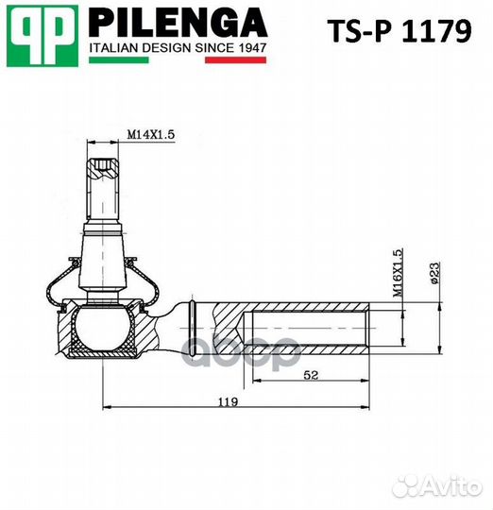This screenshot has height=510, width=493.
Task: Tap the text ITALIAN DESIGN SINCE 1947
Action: [x=177, y=46]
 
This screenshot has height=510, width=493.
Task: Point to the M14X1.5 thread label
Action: [x=151, y=135]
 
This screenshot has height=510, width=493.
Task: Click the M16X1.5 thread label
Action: [x=398, y=274]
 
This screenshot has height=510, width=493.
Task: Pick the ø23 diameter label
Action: [x=433, y=273]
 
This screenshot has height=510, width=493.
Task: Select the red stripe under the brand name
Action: [x=235, y=60]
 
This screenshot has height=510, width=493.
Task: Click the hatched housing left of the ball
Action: [x=68, y=331]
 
